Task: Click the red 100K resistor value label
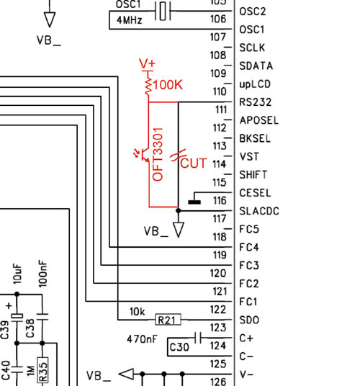(x=168, y=85)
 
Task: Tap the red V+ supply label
(x=147, y=63)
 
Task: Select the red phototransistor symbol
(x=143, y=155)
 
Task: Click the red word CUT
(x=194, y=163)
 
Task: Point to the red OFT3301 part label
(x=158, y=154)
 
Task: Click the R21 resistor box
(x=168, y=320)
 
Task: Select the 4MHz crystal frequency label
(x=130, y=20)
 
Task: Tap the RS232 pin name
(x=256, y=102)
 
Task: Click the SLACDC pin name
(x=259, y=211)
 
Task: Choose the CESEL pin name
(x=255, y=193)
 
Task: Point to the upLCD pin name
(x=255, y=84)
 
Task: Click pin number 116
(x=220, y=201)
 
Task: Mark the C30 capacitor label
(x=179, y=347)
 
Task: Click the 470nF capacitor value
(x=142, y=339)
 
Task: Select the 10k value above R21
(x=137, y=312)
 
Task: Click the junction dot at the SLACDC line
(x=179, y=211)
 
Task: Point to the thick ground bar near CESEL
(x=194, y=202)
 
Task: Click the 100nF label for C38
(x=42, y=274)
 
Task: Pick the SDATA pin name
(x=256, y=66)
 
